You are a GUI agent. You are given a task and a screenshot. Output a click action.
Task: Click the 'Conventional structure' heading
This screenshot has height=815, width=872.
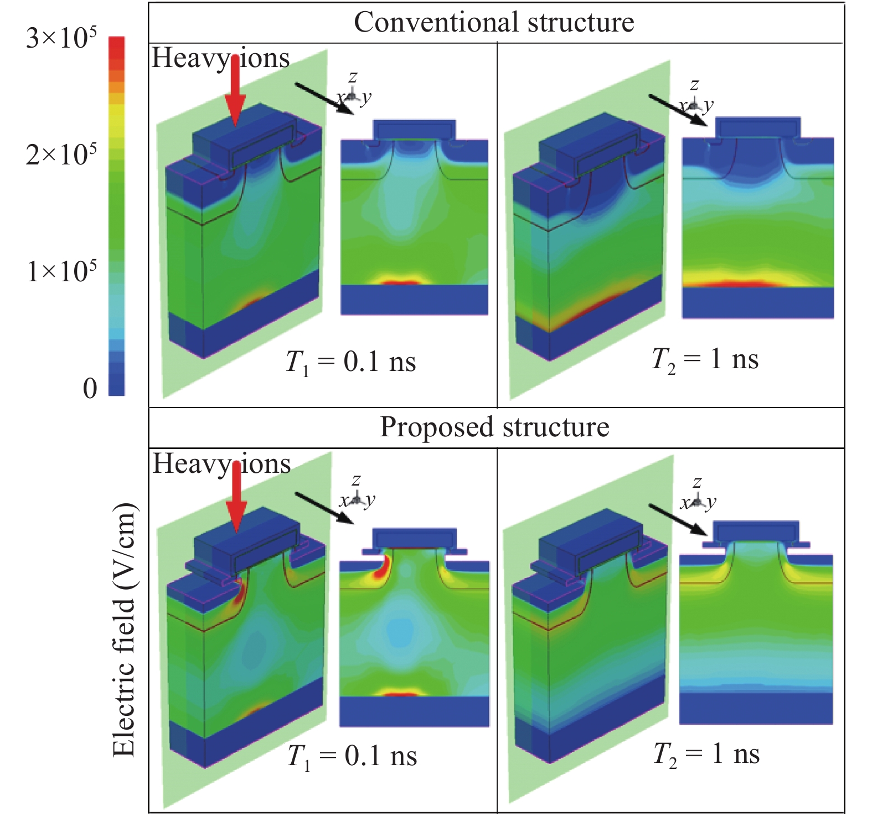point(494,23)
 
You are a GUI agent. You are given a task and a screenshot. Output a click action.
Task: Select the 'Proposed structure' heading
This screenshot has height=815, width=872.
point(494,427)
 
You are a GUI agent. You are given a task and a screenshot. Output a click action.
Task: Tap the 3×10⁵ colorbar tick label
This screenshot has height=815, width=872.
point(61,38)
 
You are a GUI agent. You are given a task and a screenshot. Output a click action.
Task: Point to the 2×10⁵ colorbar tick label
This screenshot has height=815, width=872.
point(61,154)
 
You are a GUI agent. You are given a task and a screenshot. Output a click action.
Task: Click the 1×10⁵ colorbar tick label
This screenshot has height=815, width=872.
point(61,271)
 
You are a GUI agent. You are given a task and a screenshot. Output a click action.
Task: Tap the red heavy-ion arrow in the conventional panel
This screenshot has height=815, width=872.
point(235,91)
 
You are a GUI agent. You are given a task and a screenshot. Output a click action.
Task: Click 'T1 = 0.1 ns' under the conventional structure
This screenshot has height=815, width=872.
point(350,363)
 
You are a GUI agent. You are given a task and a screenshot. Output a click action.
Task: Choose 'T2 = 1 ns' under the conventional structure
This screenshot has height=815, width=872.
point(705,360)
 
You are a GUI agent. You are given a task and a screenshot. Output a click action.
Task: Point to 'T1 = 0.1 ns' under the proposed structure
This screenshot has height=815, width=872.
point(352,757)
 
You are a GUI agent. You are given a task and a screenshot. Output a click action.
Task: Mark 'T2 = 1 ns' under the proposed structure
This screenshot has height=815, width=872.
point(706,755)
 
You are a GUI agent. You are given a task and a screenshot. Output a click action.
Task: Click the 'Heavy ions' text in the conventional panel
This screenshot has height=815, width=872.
point(220,58)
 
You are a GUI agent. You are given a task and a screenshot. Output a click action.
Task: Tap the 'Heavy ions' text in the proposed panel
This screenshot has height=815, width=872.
point(221,464)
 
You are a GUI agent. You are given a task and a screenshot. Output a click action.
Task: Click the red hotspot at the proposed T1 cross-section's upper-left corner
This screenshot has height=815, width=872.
point(382,568)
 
